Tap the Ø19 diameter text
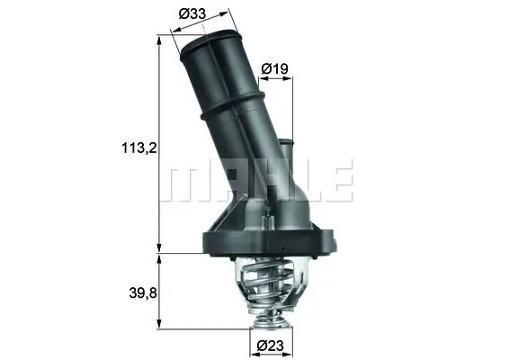[x=274, y=68]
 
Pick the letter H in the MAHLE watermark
[x=264, y=182]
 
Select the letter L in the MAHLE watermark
[x=301, y=182]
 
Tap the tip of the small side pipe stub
[x=286, y=141]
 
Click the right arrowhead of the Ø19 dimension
[x=292, y=79]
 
